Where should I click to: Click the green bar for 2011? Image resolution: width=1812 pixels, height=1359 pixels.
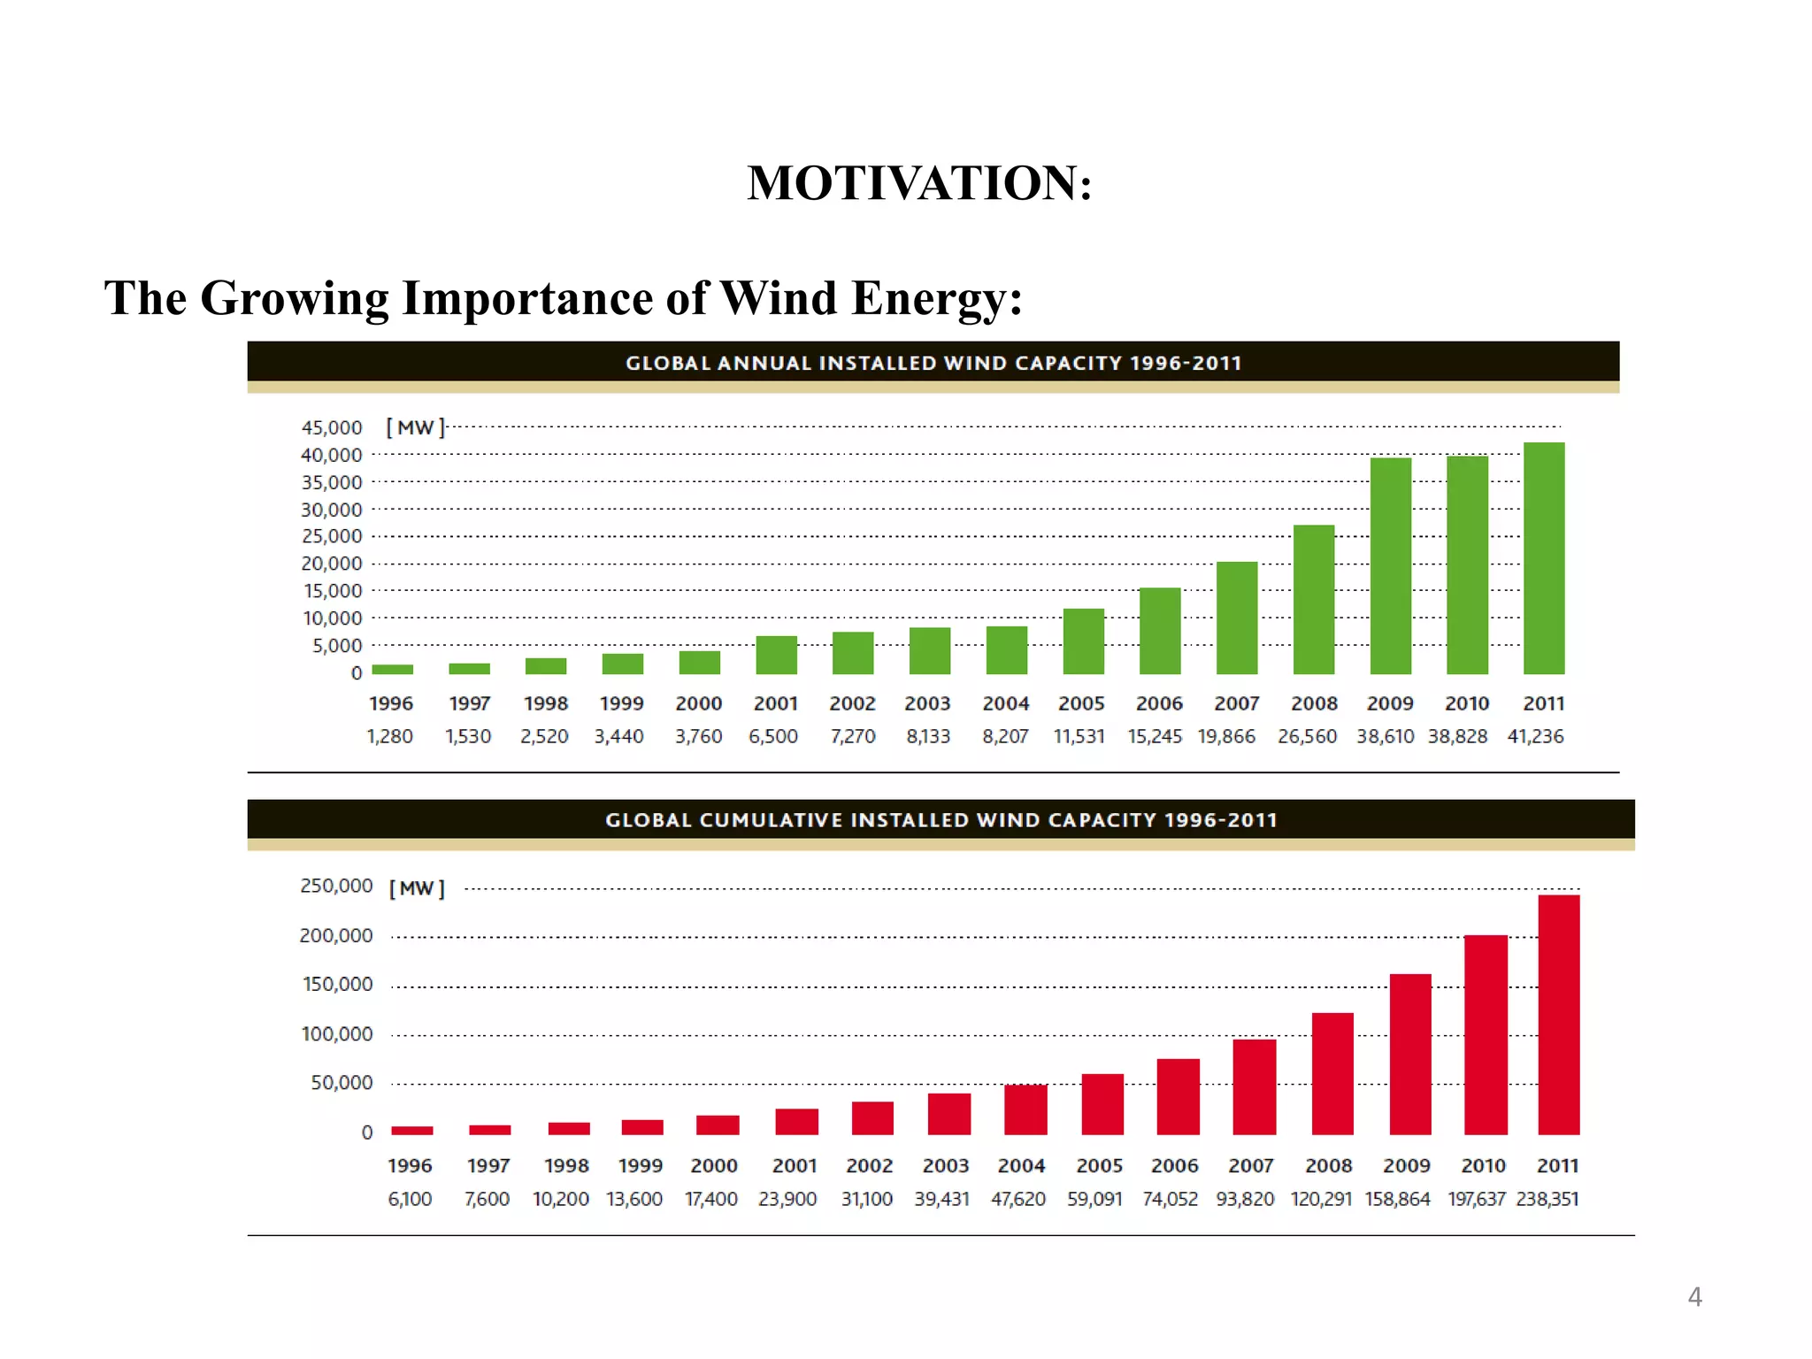pos(1544,558)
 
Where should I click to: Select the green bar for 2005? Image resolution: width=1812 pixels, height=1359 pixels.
pos(1083,641)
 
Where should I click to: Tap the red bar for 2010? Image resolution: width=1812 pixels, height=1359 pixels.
pos(1486,1034)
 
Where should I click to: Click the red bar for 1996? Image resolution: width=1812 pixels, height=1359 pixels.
pos(411,1130)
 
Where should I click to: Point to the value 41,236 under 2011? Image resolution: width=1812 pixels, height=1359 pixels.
pos(1535,736)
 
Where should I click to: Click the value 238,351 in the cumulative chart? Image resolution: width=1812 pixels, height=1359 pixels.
pos(1547,1199)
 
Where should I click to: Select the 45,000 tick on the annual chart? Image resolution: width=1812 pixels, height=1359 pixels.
pos(332,427)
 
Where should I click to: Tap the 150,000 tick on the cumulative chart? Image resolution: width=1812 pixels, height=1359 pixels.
pos(337,984)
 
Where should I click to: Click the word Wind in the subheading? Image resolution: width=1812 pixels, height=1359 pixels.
pos(778,297)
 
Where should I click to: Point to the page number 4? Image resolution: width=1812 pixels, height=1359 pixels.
pos(1694,1297)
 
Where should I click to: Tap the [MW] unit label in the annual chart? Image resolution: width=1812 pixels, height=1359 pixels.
pos(415,427)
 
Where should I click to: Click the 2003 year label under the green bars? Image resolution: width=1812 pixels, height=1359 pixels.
pos(927,703)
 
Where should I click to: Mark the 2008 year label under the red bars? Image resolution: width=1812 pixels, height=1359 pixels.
pos(1328,1166)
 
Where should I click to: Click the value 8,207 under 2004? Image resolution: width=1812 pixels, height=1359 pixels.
pos(1005,736)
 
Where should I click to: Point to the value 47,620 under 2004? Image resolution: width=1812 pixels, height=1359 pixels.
pos(1017,1199)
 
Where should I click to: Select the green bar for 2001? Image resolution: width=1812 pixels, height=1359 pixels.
pos(776,655)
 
